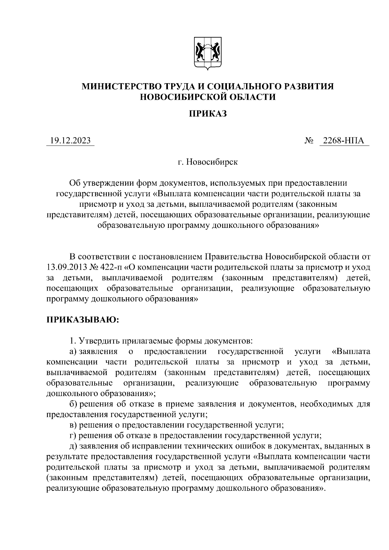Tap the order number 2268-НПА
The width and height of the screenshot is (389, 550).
344,141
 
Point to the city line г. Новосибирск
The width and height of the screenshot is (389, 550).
207,162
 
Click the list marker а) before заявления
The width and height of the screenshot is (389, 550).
73,351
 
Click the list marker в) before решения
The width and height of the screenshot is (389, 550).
73,425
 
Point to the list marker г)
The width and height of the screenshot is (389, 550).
73,436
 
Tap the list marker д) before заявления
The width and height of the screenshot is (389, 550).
73,446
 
